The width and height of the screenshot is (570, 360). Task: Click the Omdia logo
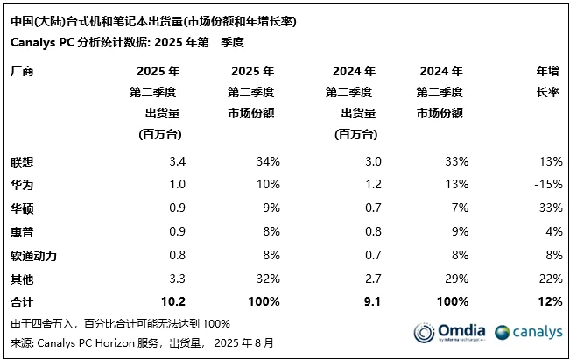point(449,332)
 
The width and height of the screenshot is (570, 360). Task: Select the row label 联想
point(23,161)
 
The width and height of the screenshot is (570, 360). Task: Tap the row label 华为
point(23,185)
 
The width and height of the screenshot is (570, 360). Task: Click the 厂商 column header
point(23,72)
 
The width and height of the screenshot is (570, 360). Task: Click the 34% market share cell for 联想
point(268,161)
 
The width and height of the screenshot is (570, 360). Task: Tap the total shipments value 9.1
point(369,301)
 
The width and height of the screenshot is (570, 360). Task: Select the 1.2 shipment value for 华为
point(370,185)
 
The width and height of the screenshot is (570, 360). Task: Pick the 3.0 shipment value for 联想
point(370,161)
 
